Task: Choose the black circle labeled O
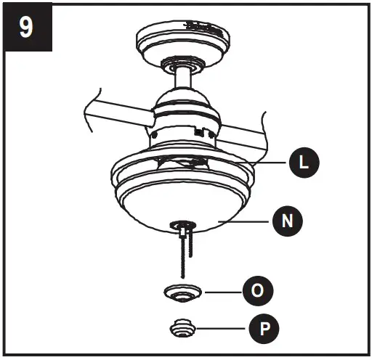pos(258,291)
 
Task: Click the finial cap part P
pos(183,329)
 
